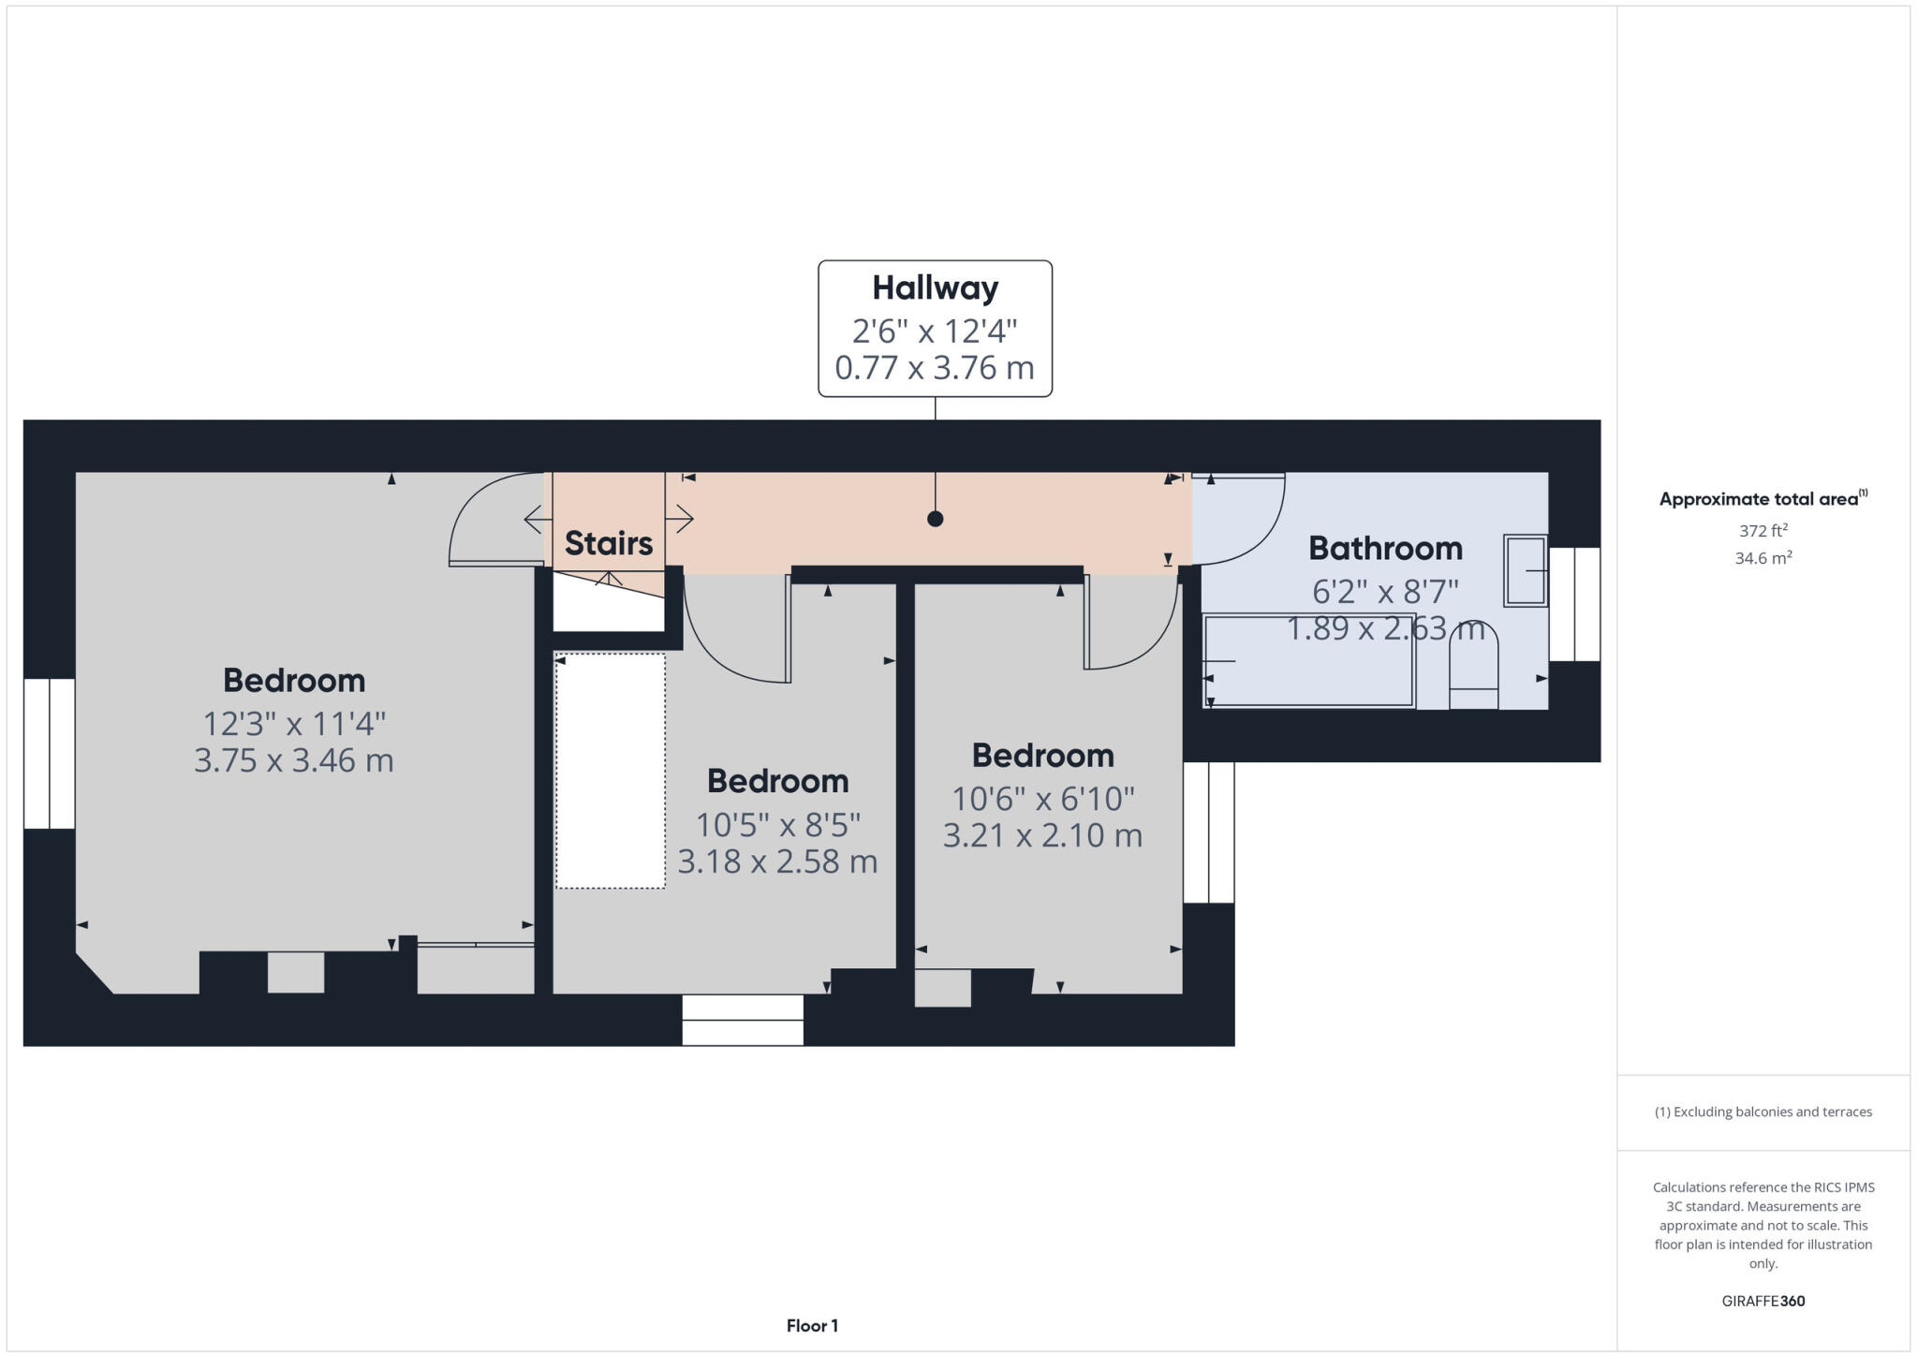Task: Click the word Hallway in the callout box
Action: [x=935, y=288]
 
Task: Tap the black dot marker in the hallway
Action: [x=935, y=519]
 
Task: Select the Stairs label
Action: [x=609, y=543]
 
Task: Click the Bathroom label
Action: [x=1385, y=548]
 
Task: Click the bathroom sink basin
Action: [x=1525, y=570]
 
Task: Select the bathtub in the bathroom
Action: [x=1308, y=661]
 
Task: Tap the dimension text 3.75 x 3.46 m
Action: [x=293, y=760]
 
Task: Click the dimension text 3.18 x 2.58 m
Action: [x=777, y=862]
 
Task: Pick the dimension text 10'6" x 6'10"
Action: [x=1042, y=799]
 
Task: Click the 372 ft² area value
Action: [x=1763, y=531]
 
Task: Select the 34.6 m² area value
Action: [x=1763, y=558]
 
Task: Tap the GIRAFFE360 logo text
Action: [x=1763, y=1301]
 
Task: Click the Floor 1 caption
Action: [x=812, y=1326]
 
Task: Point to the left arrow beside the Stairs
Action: [x=537, y=518]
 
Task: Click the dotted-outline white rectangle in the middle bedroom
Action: [x=611, y=771]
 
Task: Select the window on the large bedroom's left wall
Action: [x=49, y=754]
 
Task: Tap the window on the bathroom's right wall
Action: [x=1574, y=604]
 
